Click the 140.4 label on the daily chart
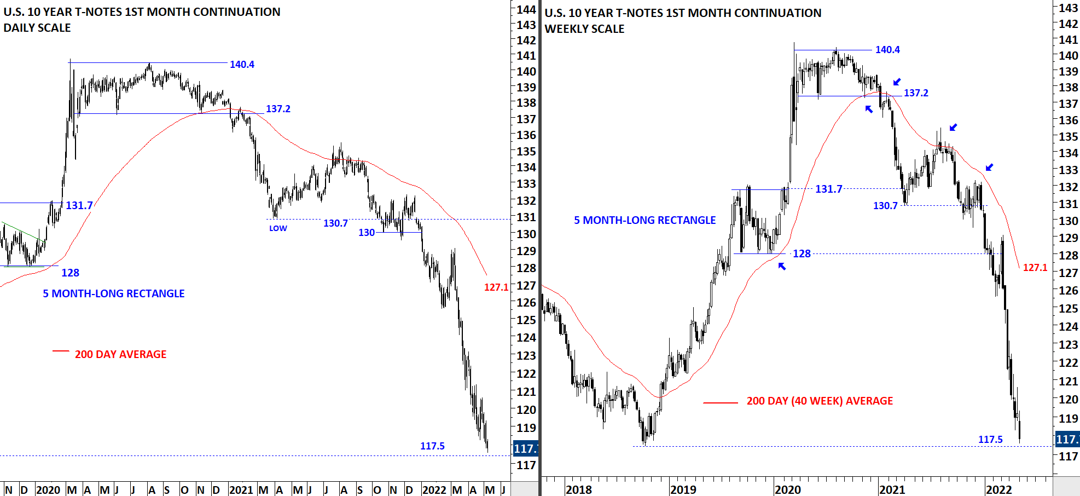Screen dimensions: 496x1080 click(x=242, y=65)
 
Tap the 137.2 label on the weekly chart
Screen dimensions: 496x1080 click(x=916, y=93)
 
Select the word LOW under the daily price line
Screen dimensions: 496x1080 click(x=278, y=228)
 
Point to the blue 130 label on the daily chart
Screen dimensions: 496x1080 click(x=367, y=233)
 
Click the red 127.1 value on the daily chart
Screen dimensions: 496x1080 click(x=496, y=287)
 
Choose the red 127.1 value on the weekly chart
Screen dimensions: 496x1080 click(x=1035, y=268)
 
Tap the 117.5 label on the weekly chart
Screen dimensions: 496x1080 click(x=990, y=440)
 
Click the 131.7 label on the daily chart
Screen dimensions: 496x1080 click(x=79, y=206)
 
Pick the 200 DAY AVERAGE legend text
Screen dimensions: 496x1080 click(x=120, y=354)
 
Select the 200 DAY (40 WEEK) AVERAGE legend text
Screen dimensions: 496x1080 click(x=820, y=401)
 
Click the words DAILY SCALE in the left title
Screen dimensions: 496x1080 click(x=37, y=28)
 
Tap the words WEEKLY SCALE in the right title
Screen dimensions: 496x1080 click(x=584, y=29)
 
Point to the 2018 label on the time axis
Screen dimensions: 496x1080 click(x=578, y=489)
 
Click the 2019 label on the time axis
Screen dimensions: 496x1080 click(x=683, y=489)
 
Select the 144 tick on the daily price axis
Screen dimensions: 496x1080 click(x=526, y=9)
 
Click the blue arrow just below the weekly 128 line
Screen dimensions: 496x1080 click(x=782, y=266)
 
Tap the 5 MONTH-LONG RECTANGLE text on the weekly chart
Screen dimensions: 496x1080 click(x=644, y=220)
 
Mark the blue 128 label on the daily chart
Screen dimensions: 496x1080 click(x=70, y=273)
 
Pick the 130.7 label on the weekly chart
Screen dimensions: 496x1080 click(x=885, y=206)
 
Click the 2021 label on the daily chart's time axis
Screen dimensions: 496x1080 click(x=241, y=489)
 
